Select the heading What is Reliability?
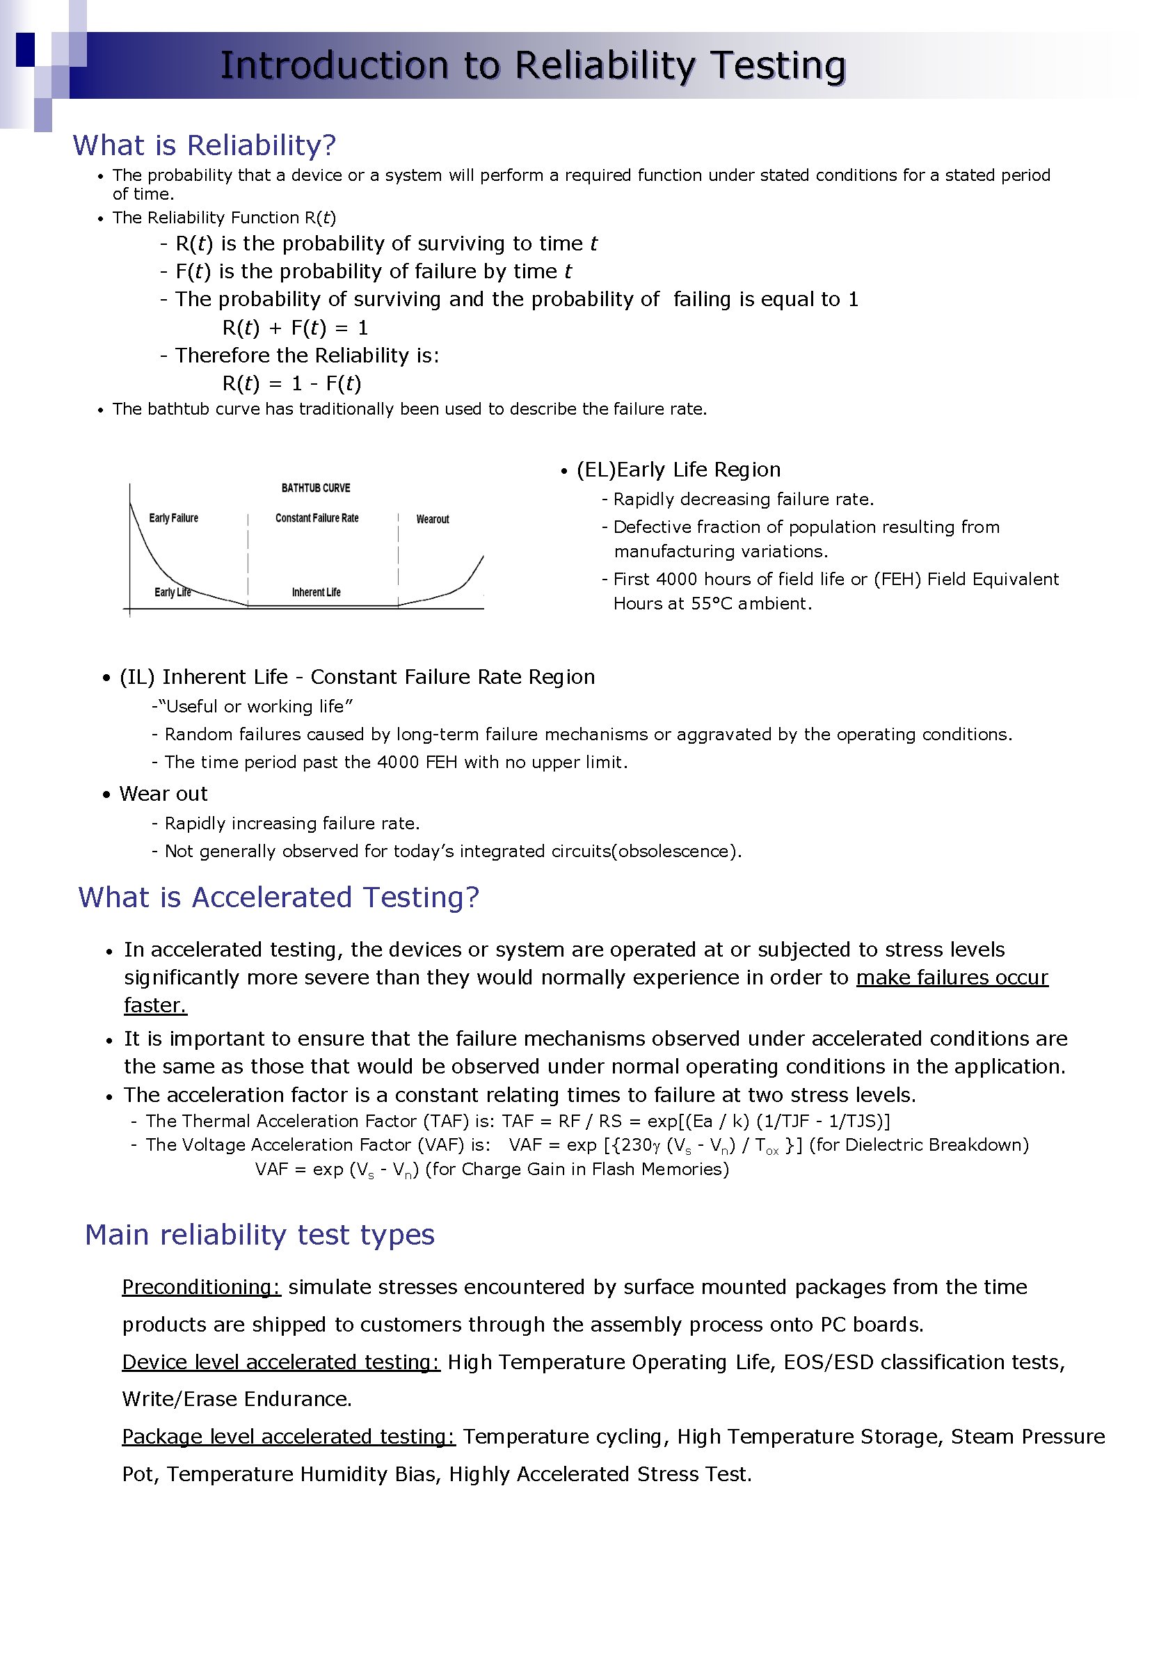pos(204,145)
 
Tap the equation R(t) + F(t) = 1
pos(295,328)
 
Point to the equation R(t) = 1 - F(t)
pos(291,384)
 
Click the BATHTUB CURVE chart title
pos(315,488)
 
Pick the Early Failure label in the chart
pos(173,518)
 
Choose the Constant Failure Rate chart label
pos(317,518)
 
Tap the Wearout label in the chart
pos(432,519)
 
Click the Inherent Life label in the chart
pos(316,593)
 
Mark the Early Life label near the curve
pos(172,593)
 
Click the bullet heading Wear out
pos(163,794)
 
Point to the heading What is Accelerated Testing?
pos(279,897)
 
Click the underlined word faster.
pos(155,1005)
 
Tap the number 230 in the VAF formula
pos(637,1144)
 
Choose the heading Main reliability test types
pos(259,1235)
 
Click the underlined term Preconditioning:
pos(201,1287)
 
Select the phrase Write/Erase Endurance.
pos(237,1399)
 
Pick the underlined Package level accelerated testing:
pos(288,1437)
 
